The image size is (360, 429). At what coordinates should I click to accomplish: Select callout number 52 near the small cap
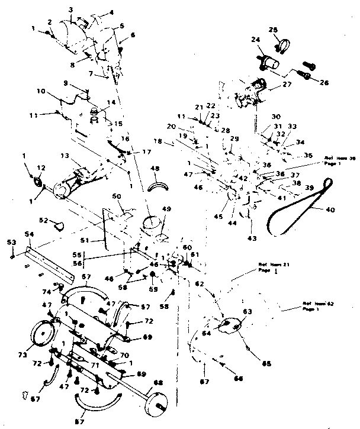[42, 220]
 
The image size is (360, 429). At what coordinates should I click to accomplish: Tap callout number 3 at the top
[70, 9]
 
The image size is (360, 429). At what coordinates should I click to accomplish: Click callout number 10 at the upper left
[41, 91]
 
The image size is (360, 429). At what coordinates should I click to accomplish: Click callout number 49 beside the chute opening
[166, 208]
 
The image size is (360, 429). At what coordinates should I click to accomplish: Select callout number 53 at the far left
[11, 242]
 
